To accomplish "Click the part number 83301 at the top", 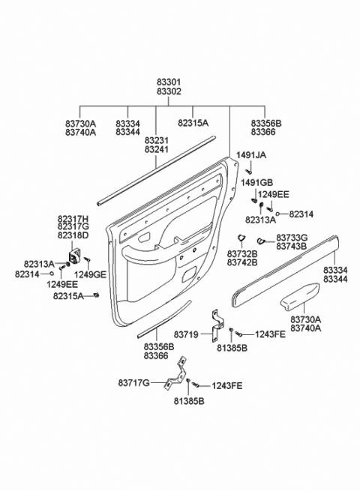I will (169, 81).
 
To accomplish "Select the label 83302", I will (169, 91).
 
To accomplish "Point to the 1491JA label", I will (251, 155).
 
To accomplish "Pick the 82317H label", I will (73, 218).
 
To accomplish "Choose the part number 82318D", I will (73, 236).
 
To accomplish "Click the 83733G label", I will (292, 237).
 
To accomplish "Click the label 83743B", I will (292, 246).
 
